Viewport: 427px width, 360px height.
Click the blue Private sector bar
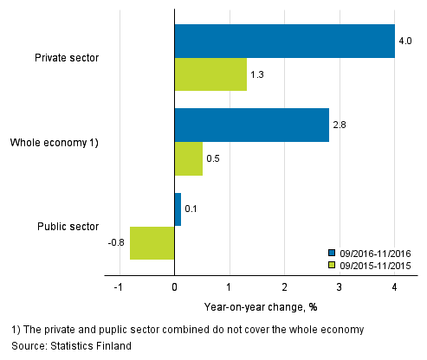click(284, 41)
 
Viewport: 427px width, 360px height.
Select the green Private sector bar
click(210, 74)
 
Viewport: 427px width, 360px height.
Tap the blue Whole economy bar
click(251, 125)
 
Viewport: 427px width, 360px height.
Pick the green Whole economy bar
click(188, 158)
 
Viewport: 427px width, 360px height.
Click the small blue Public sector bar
click(178, 209)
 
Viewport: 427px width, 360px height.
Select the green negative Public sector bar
click(152, 242)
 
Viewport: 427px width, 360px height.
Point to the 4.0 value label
click(404, 41)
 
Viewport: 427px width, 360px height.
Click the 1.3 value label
click(257, 75)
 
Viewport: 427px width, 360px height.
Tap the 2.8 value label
click(339, 125)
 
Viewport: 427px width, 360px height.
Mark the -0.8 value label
click(116, 242)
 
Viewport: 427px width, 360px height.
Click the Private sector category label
click(67, 58)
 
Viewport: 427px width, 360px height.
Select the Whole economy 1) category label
click(54, 142)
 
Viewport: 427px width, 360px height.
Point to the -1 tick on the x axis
click(119, 286)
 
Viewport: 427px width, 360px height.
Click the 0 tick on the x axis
click(174, 286)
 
